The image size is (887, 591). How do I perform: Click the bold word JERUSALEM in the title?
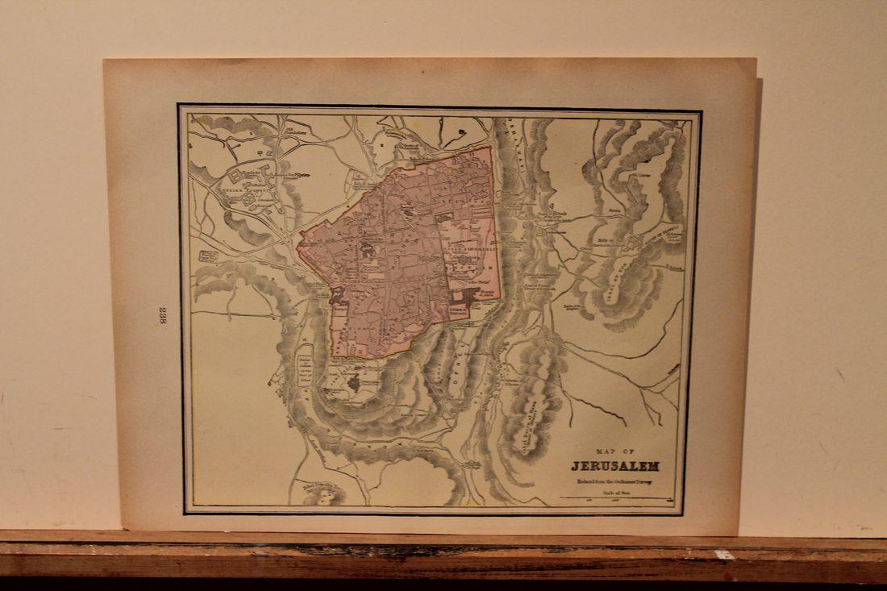615,466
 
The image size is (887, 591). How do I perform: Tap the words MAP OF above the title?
615,452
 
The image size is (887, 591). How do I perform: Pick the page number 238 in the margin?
162,315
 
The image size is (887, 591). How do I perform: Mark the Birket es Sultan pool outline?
305,368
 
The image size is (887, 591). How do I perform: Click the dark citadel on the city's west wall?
338,297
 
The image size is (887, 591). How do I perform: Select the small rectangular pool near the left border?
208,256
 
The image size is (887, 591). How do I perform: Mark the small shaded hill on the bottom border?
323,493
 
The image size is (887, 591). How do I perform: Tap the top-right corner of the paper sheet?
756,59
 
